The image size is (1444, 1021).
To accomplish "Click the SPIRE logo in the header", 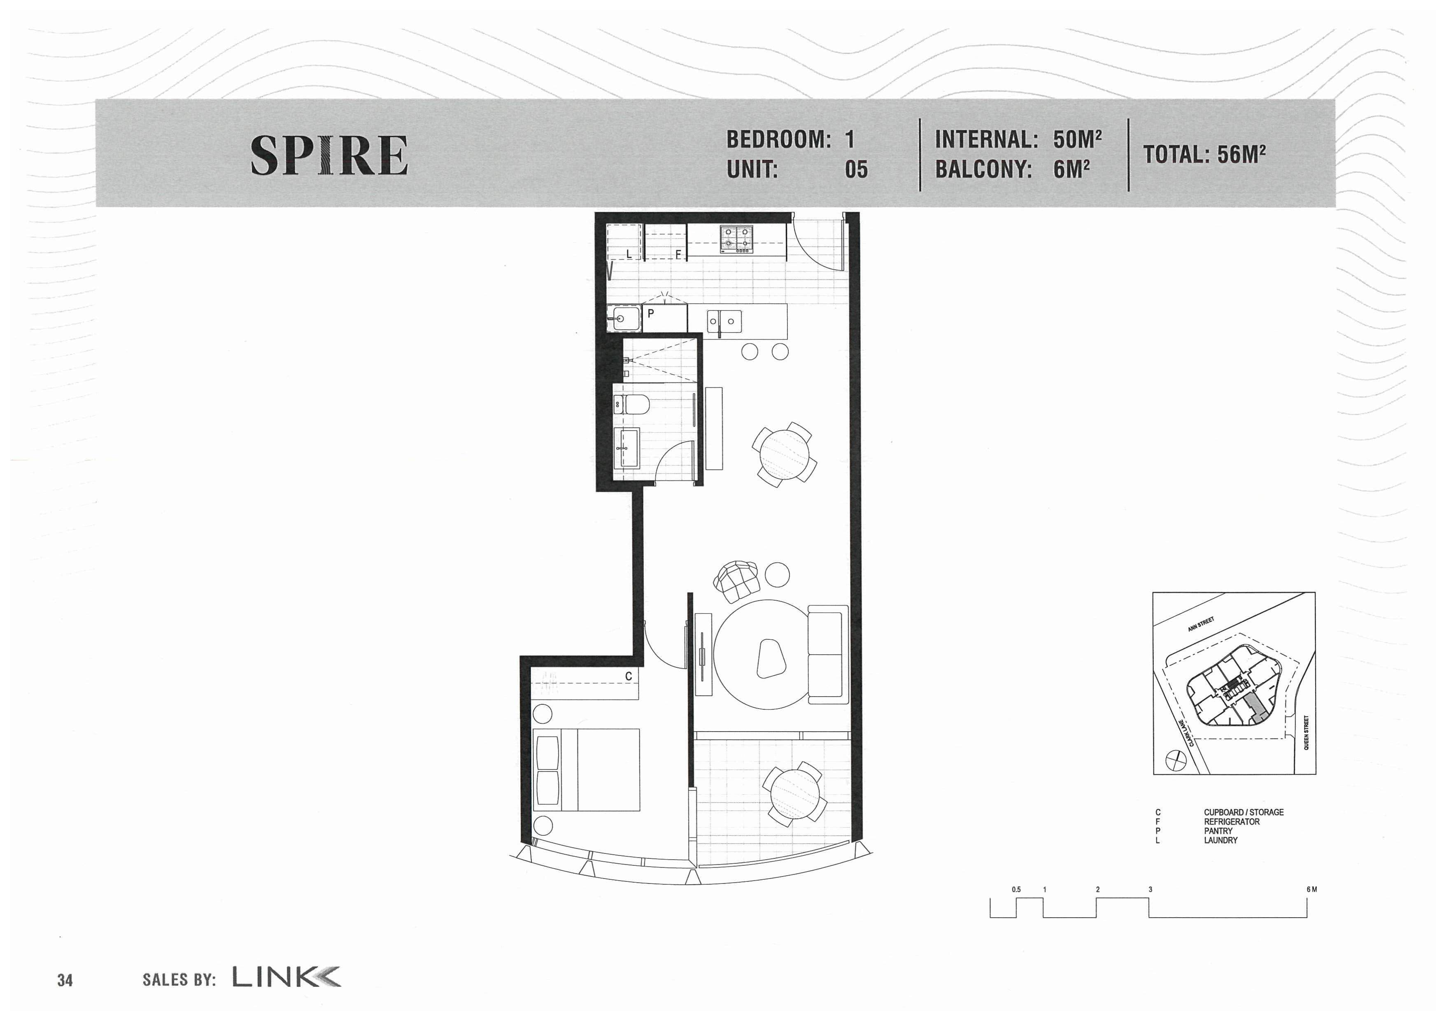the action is click(x=329, y=155).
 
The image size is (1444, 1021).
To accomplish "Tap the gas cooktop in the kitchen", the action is click(x=736, y=240).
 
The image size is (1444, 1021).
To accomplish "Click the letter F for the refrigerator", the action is click(x=678, y=255).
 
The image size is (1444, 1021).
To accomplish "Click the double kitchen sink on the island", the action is click(x=724, y=322).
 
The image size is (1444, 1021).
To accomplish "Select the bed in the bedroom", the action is click(x=586, y=770).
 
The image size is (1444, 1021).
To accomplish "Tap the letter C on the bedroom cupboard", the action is click(x=628, y=676).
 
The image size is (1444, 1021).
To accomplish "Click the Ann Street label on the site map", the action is click(x=1201, y=625).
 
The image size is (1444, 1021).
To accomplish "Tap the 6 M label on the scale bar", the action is click(x=1311, y=890).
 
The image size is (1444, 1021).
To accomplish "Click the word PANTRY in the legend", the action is click(x=1218, y=831).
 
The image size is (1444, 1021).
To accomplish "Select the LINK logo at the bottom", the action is click(x=287, y=977).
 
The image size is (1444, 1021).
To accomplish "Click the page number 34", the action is click(x=65, y=980).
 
